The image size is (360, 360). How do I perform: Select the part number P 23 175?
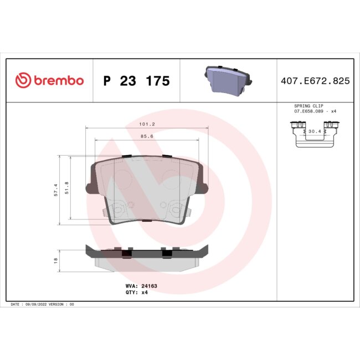tap(136, 81)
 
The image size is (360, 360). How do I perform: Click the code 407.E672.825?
tap(315, 81)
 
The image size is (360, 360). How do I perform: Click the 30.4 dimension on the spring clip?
tap(315, 131)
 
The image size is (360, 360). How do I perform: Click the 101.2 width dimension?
tap(147, 124)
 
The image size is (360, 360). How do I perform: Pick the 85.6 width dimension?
tap(147, 136)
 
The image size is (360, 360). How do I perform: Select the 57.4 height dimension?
tap(56, 190)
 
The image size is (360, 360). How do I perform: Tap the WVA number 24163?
tap(150, 286)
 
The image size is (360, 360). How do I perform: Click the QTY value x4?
tap(145, 292)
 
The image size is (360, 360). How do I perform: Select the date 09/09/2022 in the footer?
tap(37, 305)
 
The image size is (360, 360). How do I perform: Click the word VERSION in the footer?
tap(58, 305)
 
